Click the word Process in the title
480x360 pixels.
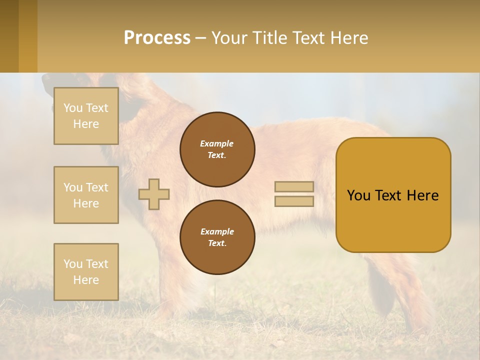tap(157, 38)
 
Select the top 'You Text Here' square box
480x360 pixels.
tap(86, 116)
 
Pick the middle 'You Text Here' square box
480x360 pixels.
tap(86, 195)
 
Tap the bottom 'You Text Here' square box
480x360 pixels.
tap(86, 272)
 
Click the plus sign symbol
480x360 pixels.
tap(154, 194)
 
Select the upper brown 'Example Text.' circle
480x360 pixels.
tap(217, 149)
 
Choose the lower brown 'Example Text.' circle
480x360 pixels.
tap(217, 237)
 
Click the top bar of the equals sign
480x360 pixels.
tap(294, 187)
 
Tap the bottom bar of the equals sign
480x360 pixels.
tap(294, 201)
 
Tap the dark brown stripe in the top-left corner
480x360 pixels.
tap(9, 36)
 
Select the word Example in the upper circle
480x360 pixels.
tap(217, 143)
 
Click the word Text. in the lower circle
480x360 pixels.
tap(217, 243)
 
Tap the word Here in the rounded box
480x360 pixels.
tap(422, 195)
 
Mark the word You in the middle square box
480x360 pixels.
tap(72, 187)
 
